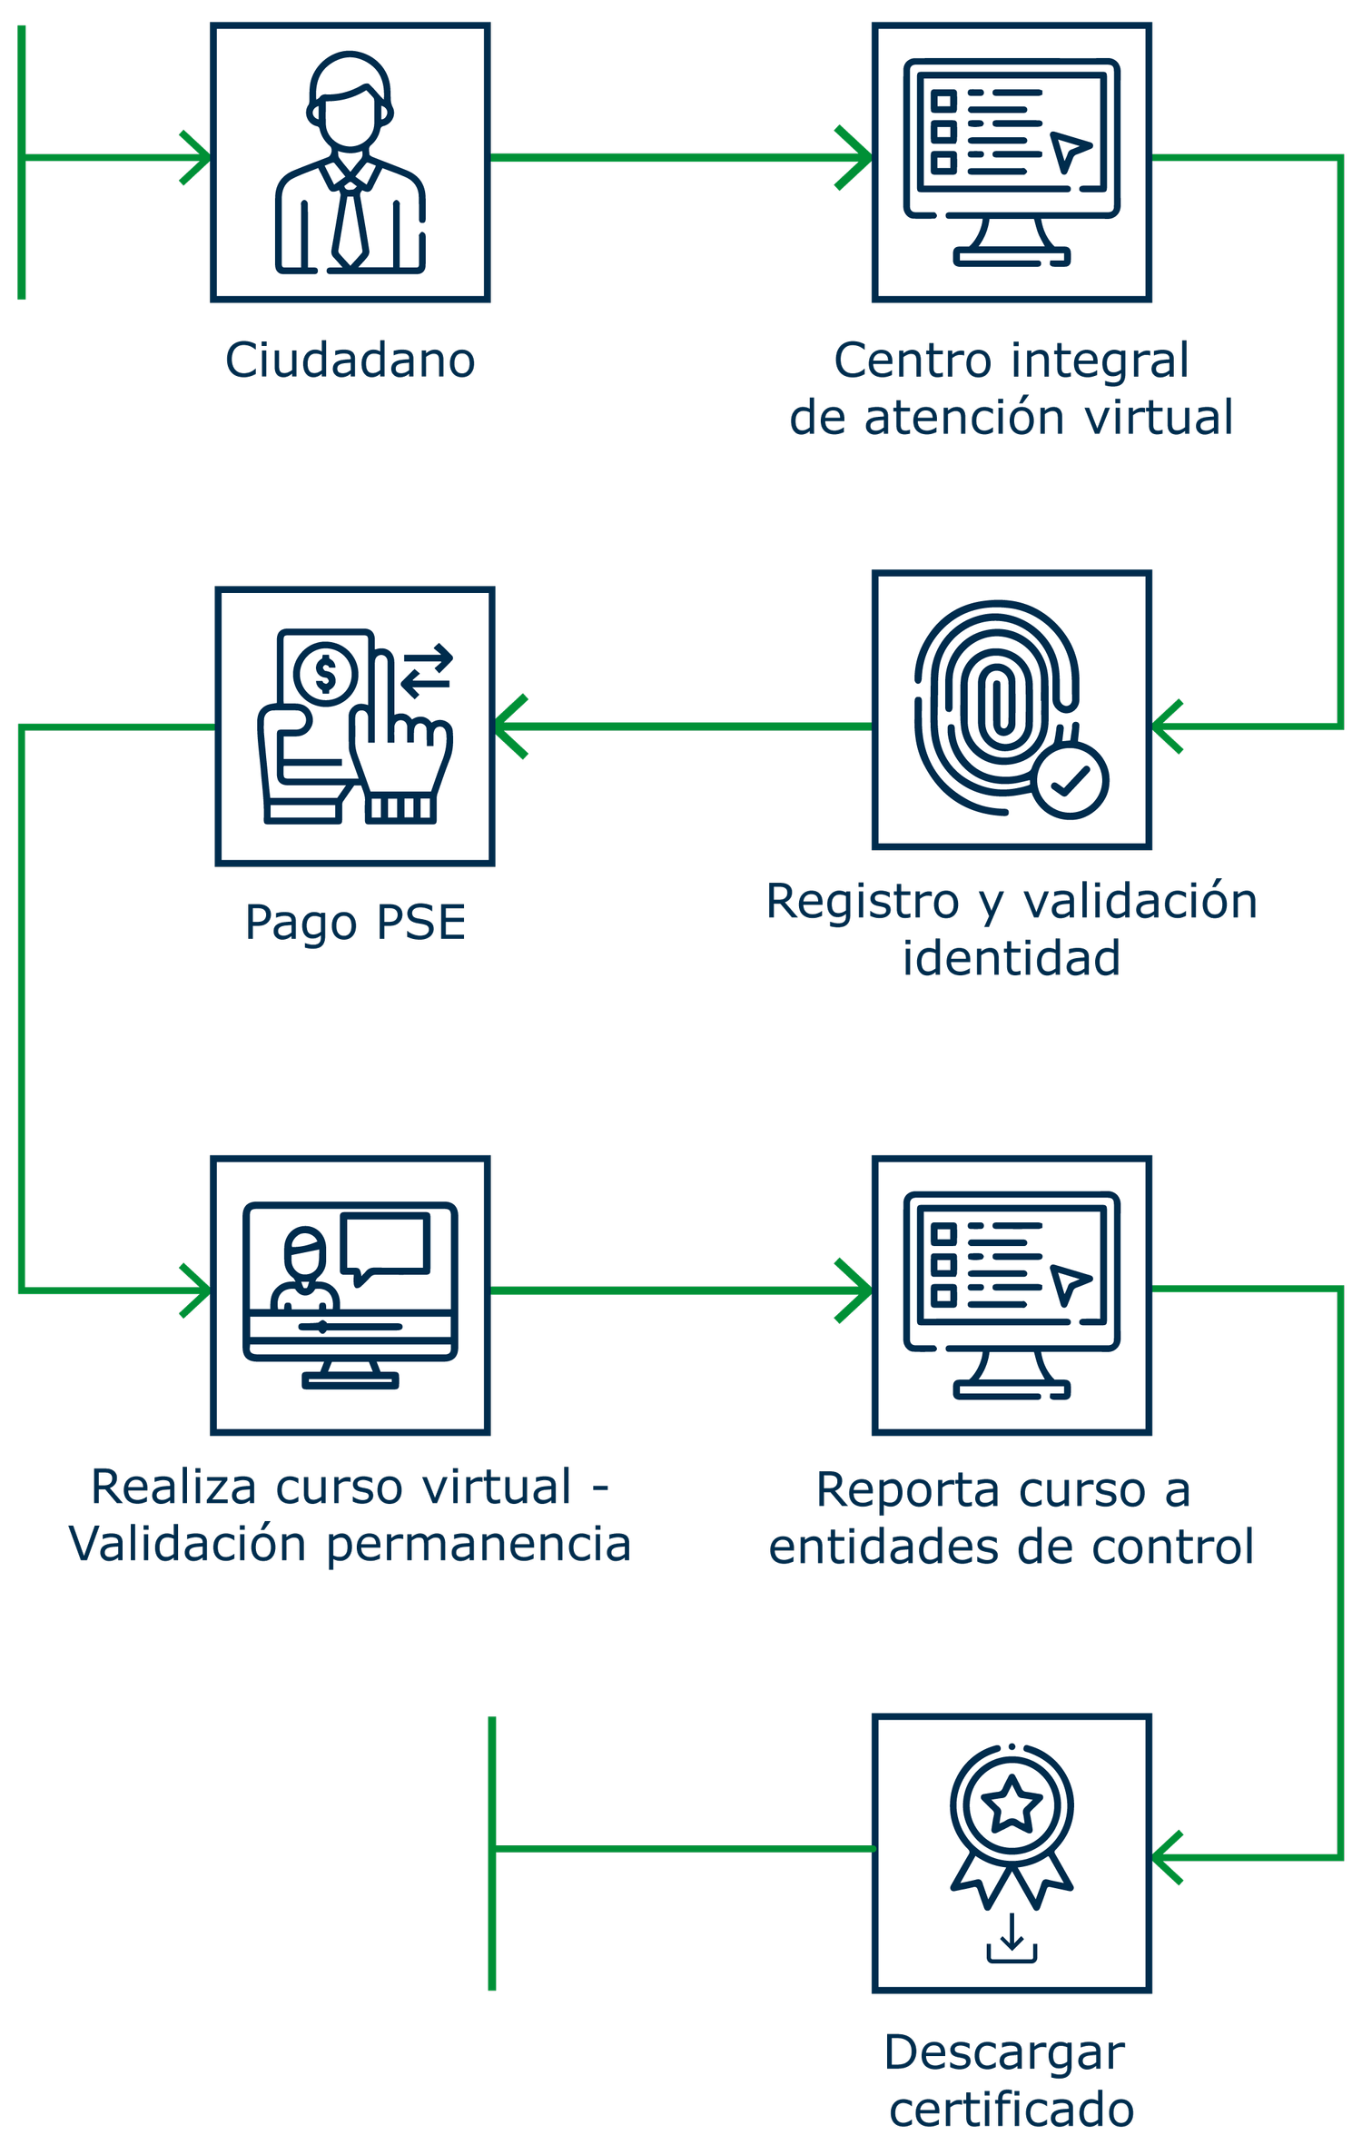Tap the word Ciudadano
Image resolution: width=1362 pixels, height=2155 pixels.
pyautogui.click(x=350, y=361)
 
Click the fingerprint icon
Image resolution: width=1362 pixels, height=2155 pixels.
pyautogui.click(x=997, y=704)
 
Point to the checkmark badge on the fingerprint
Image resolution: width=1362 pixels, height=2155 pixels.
pyautogui.click(x=1071, y=780)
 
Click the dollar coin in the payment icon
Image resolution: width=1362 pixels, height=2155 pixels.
pyautogui.click(x=325, y=674)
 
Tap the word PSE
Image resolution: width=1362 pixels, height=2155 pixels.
pyautogui.click(x=420, y=923)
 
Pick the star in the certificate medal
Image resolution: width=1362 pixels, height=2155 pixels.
pyautogui.click(x=1012, y=1804)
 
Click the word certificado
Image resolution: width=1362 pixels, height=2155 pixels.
pyautogui.click(x=1012, y=2109)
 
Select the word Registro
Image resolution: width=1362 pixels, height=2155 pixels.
pyautogui.click(x=863, y=903)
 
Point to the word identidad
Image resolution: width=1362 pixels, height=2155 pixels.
pyautogui.click(x=1012, y=958)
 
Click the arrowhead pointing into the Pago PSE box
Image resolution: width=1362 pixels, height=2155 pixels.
pyautogui.click(x=510, y=726)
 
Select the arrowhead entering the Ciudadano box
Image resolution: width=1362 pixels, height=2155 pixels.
pyautogui.click(x=195, y=158)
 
